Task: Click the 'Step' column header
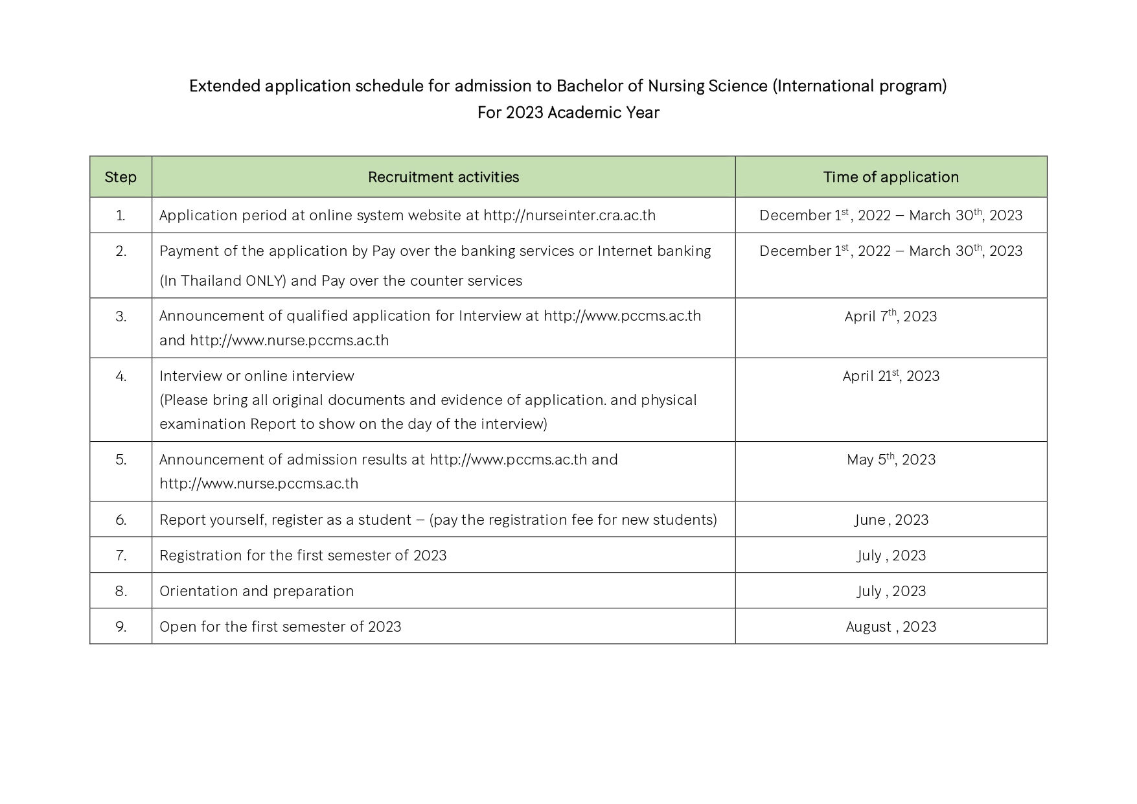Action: [x=121, y=177]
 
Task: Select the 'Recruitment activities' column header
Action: [x=443, y=177]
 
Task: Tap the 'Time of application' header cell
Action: [x=891, y=177]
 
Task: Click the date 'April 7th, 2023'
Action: [x=891, y=316]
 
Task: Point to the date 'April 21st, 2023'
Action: [x=891, y=376]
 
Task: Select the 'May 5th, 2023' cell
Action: [x=891, y=459]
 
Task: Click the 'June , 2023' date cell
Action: [x=891, y=520]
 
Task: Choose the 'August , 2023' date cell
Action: [x=891, y=626]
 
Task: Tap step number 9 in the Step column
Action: [x=121, y=626]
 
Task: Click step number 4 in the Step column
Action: [x=121, y=376]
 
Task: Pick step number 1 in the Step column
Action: [x=121, y=215]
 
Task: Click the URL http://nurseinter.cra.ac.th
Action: [x=569, y=215]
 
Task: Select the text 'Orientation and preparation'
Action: [x=257, y=591]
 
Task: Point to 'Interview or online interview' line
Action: [x=257, y=376]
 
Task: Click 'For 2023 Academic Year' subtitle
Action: [x=568, y=113]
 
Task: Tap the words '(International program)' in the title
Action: [x=859, y=86]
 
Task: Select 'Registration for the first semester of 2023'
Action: [x=303, y=555]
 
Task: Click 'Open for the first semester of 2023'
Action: [x=280, y=626]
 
